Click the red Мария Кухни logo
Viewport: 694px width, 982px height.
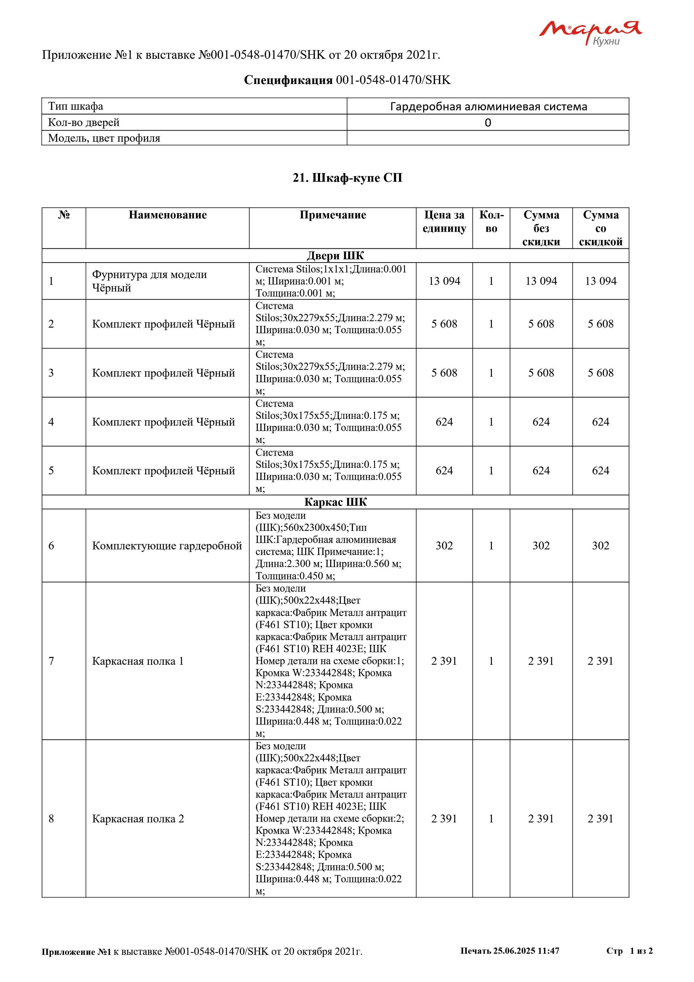pyautogui.click(x=590, y=32)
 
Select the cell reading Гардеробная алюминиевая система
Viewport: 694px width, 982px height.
pyautogui.click(x=488, y=106)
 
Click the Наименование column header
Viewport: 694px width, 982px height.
pyautogui.click(x=168, y=215)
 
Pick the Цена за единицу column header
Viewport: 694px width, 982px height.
pyautogui.click(x=444, y=221)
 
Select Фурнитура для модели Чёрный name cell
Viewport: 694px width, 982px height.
pyautogui.click(x=149, y=281)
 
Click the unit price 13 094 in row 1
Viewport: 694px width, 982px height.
pyautogui.click(x=444, y=281)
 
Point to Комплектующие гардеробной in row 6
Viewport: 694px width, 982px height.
pyautogui.click(x=167, y=546)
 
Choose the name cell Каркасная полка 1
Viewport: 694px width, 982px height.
pyautogui.click(x=138, y=661)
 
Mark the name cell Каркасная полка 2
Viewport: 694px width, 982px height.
pyautogui.click(x=138, y=819)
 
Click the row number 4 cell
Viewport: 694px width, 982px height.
pyautogui.click(x=51, y=422)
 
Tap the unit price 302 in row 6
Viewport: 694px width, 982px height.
pyautogui.click(x=444, y=546)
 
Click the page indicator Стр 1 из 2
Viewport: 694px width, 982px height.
pyautogui.click(x=629, y=951)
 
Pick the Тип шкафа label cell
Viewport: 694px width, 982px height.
pyautogui.click(x=76, y=106)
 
